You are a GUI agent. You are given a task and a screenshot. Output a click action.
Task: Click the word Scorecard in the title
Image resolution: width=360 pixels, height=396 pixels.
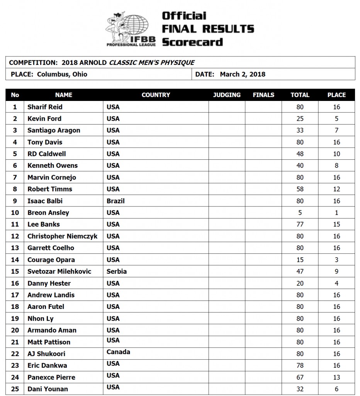pyautogui.click(x=192, y=42)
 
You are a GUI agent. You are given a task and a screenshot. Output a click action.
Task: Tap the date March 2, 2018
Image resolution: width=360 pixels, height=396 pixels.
pyautogui.click(x=243, y=74)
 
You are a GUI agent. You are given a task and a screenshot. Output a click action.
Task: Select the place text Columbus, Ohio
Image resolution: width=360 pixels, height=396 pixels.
pyautogui.click(x=62, y=74)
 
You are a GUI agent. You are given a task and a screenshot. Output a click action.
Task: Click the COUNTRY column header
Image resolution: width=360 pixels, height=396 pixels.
pyautogui.click(x=156, y=95)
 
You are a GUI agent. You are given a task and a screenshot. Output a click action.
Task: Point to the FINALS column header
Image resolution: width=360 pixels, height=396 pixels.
pyautogui.click(x=263, y=95)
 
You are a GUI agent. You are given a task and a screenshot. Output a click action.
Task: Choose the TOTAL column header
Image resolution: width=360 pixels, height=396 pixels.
pyautogui.click(x=300, y=95)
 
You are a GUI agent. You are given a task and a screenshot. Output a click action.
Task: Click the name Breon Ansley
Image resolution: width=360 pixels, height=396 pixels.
pyautogui.click(x=48, y=213)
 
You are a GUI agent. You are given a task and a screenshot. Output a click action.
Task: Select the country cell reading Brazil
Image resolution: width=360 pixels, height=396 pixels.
pyautogui.click(x=115, y=201)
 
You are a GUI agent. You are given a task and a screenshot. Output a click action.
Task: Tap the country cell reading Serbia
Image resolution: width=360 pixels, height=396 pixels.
pyautogui.click(x=116, y=271)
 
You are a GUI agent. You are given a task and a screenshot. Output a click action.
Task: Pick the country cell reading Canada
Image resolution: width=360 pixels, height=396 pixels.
pyautogui.click(x=118, y=352)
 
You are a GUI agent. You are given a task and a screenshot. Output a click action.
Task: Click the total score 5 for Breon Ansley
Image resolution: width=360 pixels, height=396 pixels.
pyautogui.click(x=300, y=213)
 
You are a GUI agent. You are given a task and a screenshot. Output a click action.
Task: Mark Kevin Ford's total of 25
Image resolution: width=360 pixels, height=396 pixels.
pyautogui.click(x=300, y=119)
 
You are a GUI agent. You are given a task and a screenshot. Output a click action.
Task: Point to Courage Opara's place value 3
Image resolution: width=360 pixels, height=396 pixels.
pyautogui.click(x=336, y=260)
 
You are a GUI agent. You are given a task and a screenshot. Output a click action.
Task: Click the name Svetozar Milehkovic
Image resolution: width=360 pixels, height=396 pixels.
pyautogui.click(x=59, y=271)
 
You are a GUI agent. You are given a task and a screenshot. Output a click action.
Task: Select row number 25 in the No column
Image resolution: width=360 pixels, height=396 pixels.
pyautogui.click(x=15, y=389)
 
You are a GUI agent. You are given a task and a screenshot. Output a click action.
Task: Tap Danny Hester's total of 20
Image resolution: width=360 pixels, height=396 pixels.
pyautogui.click(x=300, y=283)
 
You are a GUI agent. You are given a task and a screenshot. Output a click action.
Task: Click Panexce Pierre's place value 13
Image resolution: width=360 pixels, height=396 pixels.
pyautogui.click(x=336, y=377)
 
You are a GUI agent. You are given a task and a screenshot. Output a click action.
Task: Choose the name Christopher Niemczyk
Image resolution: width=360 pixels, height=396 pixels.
pyautogui.click(x=62, y=236)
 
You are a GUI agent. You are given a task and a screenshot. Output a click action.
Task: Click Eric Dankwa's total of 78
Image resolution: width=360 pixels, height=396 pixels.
pyautogui.click(x=300, y=366)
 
